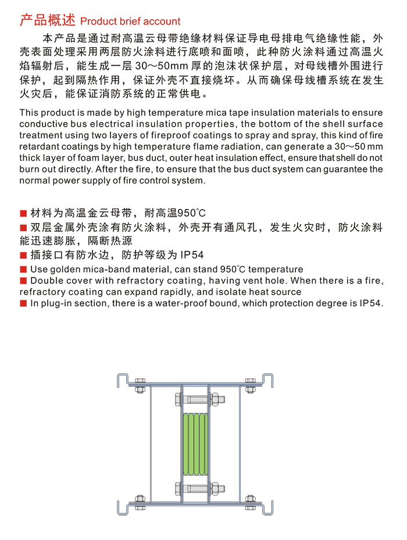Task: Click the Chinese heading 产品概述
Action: point(47,20)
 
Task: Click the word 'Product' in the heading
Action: point(97,21)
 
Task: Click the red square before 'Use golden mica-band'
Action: point(23,269)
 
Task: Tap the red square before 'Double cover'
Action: point(23,281)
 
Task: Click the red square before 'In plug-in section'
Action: point(23,303)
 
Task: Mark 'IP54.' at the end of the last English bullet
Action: point(372,303)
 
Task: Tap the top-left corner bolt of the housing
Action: point(140,385)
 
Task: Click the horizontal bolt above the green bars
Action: point(195,400)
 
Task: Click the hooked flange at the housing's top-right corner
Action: point(269,380)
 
